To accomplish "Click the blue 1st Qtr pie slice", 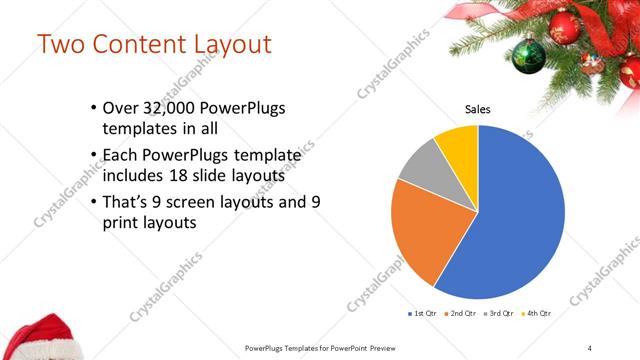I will (x=510, y=220).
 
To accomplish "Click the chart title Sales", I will (x=478, y=109).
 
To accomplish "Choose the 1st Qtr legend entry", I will (x=421, y=313).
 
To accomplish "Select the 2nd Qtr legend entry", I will (x=460, y=313).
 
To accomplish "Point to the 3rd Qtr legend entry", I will (x=498, y=313).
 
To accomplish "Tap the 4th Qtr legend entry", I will (x=537, y=313).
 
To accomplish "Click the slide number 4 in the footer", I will (x=590, y=347).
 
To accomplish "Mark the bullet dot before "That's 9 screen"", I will (x=92, y=202).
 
